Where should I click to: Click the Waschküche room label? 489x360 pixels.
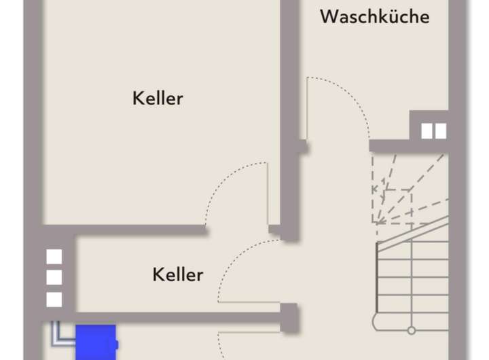[x=374, y=16]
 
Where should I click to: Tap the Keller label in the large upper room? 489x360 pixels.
[x=158, y=98]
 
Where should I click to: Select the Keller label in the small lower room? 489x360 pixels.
[x=177, y=275]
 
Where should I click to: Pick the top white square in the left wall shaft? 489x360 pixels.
[x=54, y=256]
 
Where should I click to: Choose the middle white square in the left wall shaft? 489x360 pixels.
[x=54, y=277]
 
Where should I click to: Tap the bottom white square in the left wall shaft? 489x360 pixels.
[x=54, y=299]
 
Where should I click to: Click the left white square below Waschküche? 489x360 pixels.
[x=427, y=130]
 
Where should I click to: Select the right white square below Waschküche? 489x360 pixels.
[x=440, y=130]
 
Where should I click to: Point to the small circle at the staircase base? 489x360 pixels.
[x=411, y=331]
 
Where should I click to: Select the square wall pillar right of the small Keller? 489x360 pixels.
[x=289, y=318]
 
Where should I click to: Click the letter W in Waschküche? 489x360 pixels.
[x=329, y=16]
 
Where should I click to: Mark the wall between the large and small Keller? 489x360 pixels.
[x=136, y=230]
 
